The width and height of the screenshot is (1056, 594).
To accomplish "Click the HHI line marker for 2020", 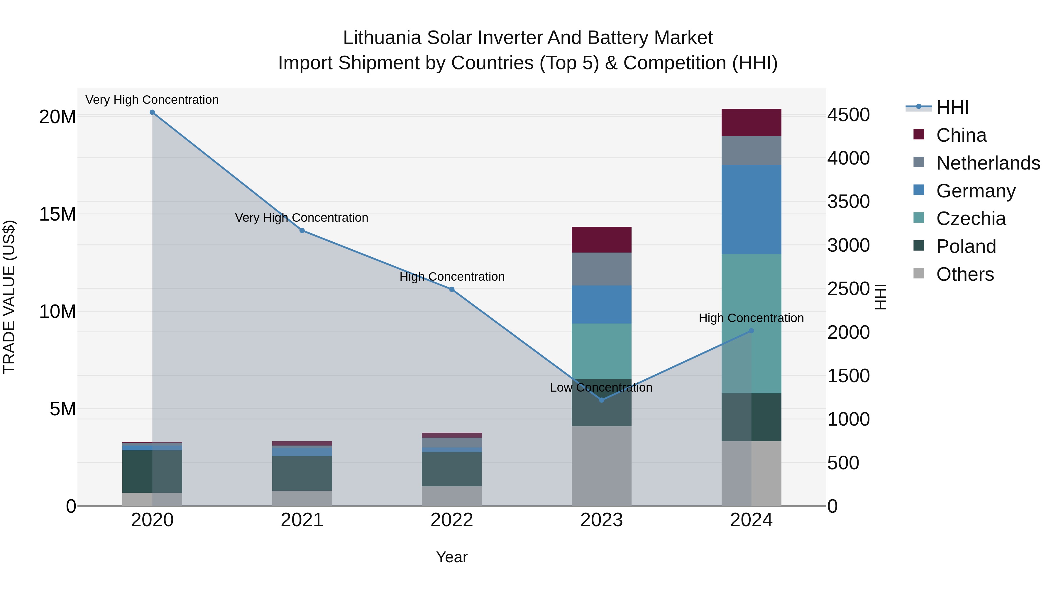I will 152,112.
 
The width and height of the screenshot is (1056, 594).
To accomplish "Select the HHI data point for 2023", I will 601,400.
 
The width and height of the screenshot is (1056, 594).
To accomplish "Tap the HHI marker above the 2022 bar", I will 452,290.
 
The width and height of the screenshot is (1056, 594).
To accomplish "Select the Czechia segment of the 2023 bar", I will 601,351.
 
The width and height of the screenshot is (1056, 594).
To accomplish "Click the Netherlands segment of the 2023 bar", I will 601,269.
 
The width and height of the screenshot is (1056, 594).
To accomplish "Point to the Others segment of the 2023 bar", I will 601,466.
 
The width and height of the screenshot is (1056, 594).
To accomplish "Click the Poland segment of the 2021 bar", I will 302,473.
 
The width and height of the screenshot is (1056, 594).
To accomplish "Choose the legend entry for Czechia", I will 971,219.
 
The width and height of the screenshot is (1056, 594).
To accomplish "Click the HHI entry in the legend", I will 952,107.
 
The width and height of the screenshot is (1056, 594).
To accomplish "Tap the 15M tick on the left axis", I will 57,214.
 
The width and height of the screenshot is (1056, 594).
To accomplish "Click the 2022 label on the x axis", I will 452,520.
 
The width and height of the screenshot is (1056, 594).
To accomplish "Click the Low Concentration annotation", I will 601,387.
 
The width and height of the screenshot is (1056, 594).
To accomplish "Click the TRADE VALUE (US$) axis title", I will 9,297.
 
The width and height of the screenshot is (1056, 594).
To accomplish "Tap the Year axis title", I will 452,557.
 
